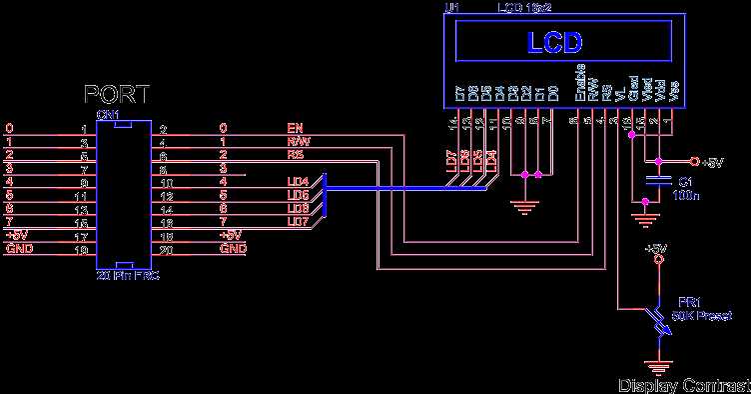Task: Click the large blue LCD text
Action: pyautogui.click(x=555, y=44)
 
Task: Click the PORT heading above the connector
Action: pyautogui.click(x=117, y=95)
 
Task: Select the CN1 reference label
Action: pyautogui.click(x=108, y=115)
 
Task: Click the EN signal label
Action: pyautogui.click(x=294, y=128)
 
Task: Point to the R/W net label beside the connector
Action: pyautogui.click(x=297, y=142)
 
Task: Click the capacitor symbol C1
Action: pyautogui.click(x=656, y=181)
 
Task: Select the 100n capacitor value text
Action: pyautogui.click(x=687, y=196)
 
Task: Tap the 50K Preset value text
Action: pyautogui.click(x=703, y=315)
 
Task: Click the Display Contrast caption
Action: pyautogui.click(x=682, y=385)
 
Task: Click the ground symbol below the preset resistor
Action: pyautogui.click(x=657, y=367)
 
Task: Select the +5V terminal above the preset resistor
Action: pyautogui.click(x=657, y=256)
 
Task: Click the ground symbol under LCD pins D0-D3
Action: pyautogui.click(x=523, y=208)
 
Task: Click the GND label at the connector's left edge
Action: pyautogui.click(x=16, y=248)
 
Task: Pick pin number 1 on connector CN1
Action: pyautogui.click(x=85, y=129)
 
